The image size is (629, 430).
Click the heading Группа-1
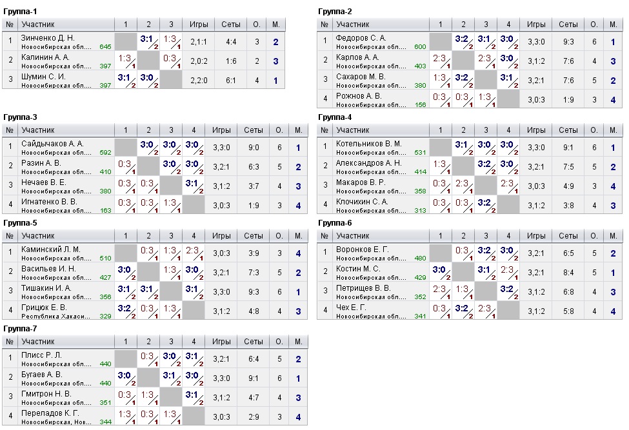pos(20,12)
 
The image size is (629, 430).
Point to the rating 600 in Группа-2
pos(420,47)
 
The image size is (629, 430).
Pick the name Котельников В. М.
pos(369,143)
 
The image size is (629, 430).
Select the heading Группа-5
pos(20,223)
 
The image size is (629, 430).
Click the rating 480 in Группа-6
pos(420,259)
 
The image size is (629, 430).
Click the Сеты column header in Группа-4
pos(568,130)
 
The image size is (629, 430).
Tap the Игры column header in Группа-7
pos(221,341)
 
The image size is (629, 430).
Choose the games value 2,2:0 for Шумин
pos(199,81)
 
